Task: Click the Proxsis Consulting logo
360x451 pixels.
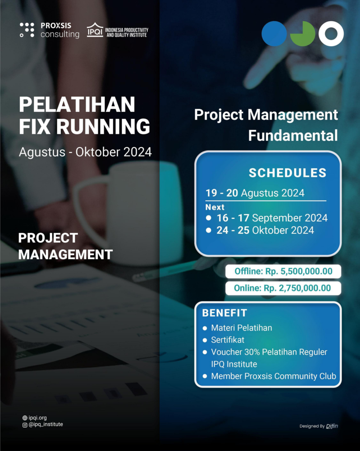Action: click(49, 30)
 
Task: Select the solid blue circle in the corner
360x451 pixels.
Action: click(274, 33)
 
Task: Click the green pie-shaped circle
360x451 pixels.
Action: click(303, 33)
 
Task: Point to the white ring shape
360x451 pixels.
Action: click(331, 33)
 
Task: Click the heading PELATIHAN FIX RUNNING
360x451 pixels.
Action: click(84, 115)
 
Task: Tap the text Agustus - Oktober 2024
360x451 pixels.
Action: click(85, 152)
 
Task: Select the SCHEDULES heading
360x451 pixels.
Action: click(287, 173)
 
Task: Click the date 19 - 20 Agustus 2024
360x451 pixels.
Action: click(255, 193)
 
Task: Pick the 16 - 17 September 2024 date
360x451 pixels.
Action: click(272, 218)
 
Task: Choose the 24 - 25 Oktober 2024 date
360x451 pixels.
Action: click(265, 230)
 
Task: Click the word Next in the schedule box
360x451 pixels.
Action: click(215, 207)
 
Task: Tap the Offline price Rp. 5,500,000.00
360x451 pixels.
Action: click(283, 271)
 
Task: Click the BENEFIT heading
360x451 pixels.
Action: click(224, 313)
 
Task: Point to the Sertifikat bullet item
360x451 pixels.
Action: click(228, 340)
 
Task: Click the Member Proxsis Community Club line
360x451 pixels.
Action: click(273, 376)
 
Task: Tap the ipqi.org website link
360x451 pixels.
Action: click(37, 418)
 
